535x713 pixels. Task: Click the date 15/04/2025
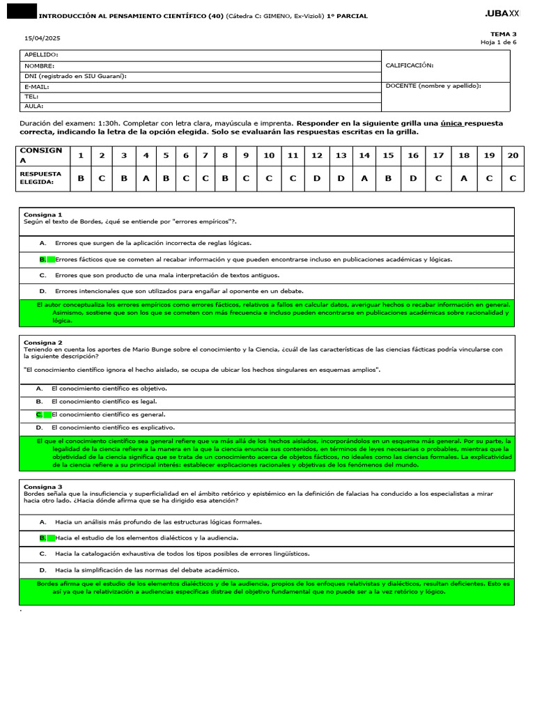39,38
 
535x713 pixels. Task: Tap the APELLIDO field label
41,54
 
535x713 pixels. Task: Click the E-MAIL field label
38,86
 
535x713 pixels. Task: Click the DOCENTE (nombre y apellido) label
433,86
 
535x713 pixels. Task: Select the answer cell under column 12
316,178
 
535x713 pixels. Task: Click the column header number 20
513,155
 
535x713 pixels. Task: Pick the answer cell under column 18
463,178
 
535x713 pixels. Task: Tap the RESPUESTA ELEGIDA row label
40,178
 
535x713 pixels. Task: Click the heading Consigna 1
42,214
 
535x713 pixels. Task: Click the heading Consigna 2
42,343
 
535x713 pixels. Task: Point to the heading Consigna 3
42,487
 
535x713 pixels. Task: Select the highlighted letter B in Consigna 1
42,259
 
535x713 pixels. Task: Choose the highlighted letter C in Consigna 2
40,414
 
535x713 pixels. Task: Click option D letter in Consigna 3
42,570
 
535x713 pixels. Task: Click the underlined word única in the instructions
451,123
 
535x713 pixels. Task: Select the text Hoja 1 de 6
498,42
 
